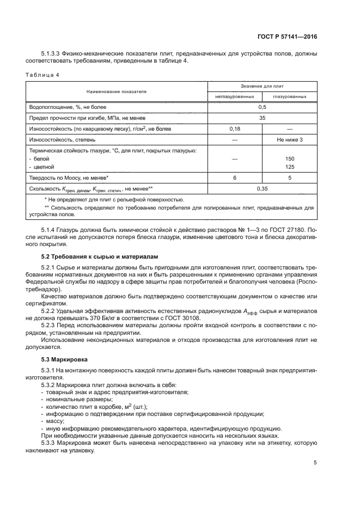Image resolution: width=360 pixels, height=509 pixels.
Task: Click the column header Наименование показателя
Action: pyautogui.click(x=116, y=91)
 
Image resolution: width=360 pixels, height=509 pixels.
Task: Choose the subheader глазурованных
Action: pyautogui.click(x=290, y=97)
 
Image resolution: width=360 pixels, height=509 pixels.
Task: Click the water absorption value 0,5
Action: pyautogui.click(x=262, y=107)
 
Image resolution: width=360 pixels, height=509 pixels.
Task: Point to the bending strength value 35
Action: pyautogui.click(x=262, y=118)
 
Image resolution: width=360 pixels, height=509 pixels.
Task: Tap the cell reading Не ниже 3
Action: pyautogui.click(x=290, y=139)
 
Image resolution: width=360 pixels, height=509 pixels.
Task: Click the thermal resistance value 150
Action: pyautogui.click(x=290, y=158)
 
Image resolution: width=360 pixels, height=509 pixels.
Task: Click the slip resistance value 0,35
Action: pyautogui.click(x=262, y=188)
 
